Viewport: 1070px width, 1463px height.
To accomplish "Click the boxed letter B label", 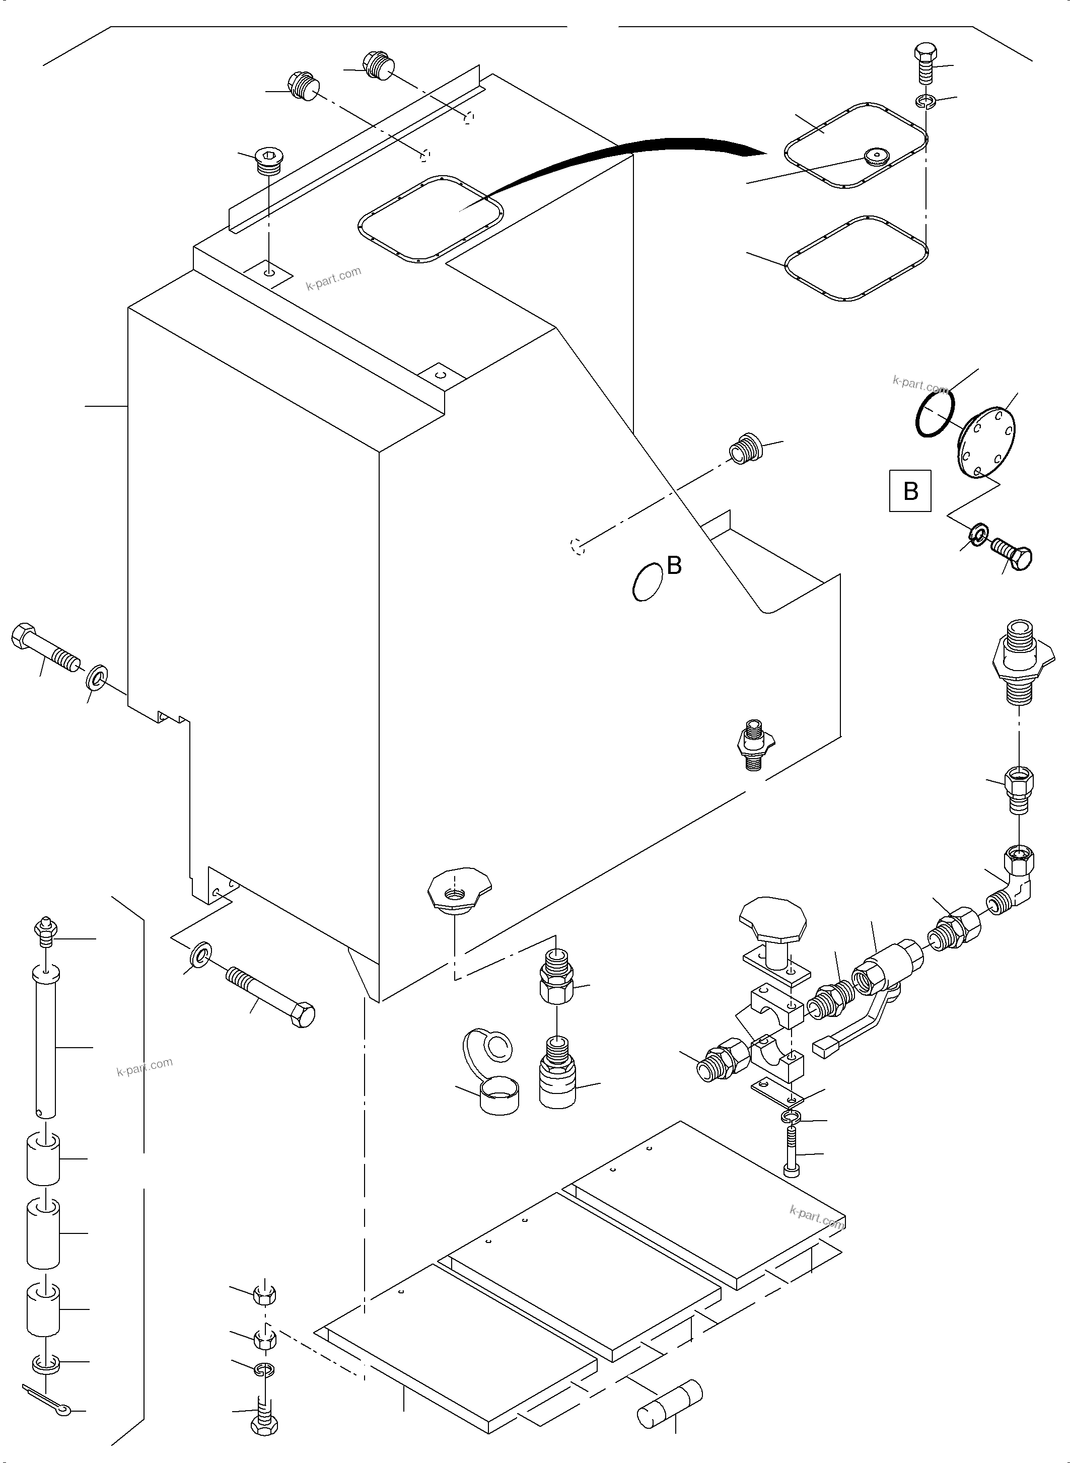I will click(910, 491).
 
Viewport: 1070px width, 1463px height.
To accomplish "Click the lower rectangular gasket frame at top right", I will click(855, 259).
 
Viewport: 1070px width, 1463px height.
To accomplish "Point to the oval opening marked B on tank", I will click(648, 581).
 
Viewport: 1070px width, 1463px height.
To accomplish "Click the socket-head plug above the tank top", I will click(269, 161).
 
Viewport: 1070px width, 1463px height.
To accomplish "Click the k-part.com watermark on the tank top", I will click(333, 278).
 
